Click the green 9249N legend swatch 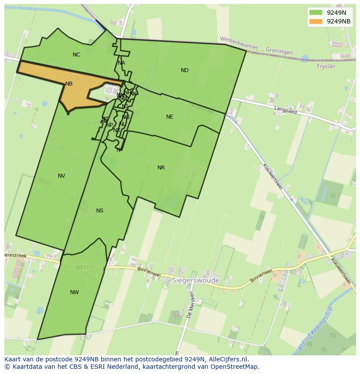pos(316,13)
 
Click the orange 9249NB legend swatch pos(316,21)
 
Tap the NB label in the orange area pos(69,84)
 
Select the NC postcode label pos(76,55)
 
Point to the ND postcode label pos(184,70)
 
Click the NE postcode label pos(170,117)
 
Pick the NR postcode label pos(161,168)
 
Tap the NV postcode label pos(61,176)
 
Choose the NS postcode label pos(100,211)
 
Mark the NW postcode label pos(74,292)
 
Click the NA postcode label pos(121,63)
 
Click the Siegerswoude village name pos(196,281)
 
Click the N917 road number pos(82,268)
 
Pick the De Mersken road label pos(190,305)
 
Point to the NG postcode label pos(126,117)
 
